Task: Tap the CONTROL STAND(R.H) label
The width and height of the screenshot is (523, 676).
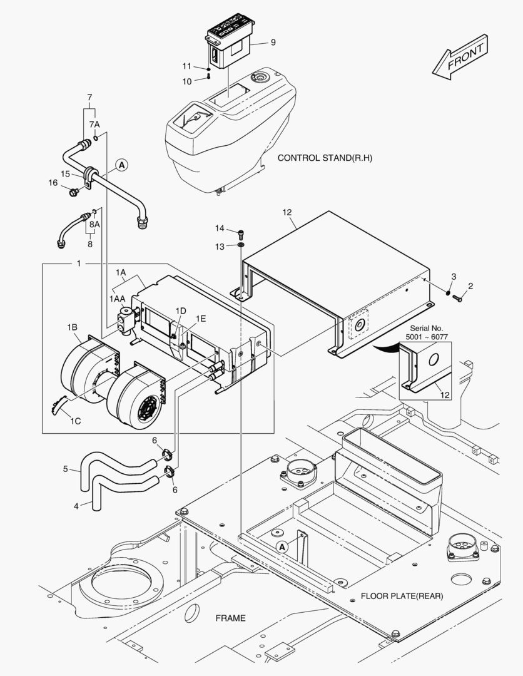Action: [325, 158]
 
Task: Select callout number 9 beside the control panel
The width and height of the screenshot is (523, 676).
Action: [273, 43]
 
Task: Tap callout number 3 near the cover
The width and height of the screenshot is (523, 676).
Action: [454, 276]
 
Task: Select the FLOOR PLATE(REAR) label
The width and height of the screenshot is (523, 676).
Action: [402, 596]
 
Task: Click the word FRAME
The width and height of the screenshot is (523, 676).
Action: [230, 618]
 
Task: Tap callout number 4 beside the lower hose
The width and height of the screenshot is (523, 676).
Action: [76, 506]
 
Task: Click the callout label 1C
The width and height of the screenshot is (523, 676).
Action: [74, 421]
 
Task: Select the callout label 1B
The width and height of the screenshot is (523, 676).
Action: [72, 327]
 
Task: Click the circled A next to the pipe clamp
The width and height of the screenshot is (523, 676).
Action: [121, 165]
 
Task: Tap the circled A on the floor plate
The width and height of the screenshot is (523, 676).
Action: [282, 546]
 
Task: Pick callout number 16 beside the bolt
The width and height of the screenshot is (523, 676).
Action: [54, 183]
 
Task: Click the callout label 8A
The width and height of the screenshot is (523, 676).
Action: [94, 223]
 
